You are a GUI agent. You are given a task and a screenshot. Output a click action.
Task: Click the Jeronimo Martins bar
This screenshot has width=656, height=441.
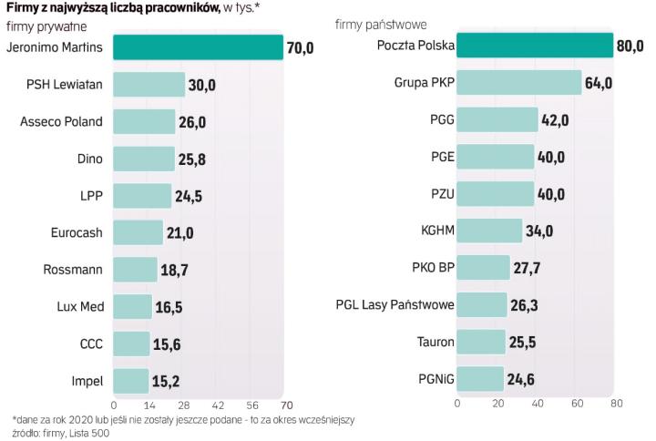(198, 47)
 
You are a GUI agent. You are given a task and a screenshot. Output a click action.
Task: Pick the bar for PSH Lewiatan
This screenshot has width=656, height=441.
(149, 85)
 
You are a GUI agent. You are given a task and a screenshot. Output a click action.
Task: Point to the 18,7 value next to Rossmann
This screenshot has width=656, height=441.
(179, 270)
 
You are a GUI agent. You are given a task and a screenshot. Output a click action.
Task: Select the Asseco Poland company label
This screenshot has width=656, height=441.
(61, 122)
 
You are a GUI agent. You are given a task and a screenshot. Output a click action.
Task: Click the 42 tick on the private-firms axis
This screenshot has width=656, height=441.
(218, 404)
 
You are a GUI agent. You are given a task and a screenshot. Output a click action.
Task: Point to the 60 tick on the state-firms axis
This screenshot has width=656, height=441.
(577, 404)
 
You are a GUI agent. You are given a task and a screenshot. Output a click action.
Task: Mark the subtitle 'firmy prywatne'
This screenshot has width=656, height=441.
(40, 26)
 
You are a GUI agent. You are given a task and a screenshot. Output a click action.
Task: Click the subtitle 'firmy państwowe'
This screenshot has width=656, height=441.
(394, 25)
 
